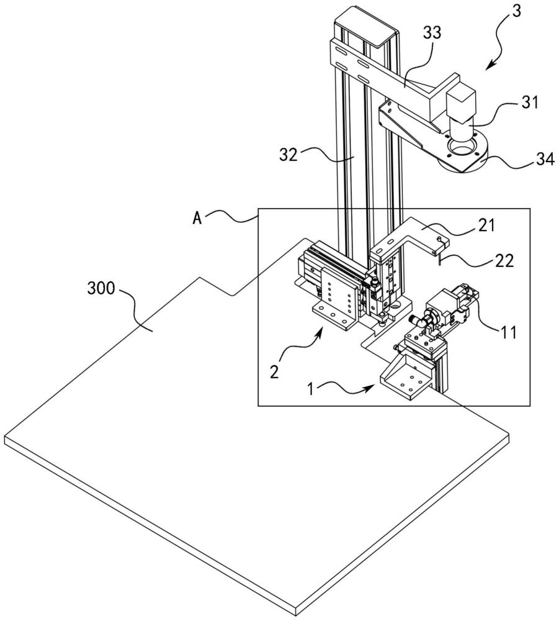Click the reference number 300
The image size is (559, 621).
[101, 289]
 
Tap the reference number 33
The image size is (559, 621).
[432, 34]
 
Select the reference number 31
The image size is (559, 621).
[530, 102]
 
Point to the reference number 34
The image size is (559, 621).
[545, 160]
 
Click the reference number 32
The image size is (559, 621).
[288, 155]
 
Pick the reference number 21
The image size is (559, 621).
[486, 225]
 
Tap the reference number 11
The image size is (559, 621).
[509, 333]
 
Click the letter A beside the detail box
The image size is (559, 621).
[197, 218]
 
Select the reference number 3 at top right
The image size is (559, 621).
[517, 12]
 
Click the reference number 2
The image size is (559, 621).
[274, 372]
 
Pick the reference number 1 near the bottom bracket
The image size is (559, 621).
[311, 390]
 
